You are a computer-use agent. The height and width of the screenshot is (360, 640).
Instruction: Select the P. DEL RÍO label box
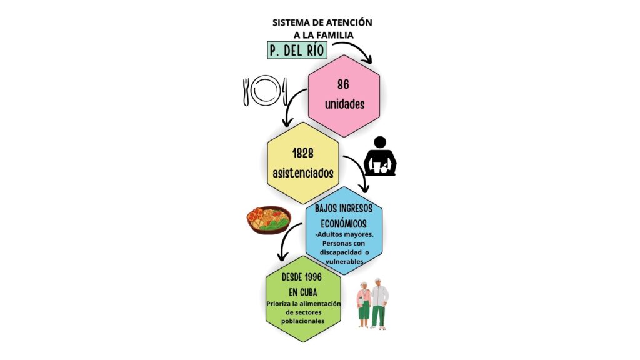[297, 50]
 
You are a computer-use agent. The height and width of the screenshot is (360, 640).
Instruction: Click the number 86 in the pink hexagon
[343, 84]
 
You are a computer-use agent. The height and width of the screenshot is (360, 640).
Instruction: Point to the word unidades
[344, 104]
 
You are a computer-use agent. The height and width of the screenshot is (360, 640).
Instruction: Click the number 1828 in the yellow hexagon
[303, 154]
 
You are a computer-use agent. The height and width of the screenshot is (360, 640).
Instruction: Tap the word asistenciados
[303, 173]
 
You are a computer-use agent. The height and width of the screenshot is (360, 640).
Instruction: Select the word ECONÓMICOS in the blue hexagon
[344, 224]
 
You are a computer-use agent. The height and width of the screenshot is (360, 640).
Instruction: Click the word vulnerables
[344, 261]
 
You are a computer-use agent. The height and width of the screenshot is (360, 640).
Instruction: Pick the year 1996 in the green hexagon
[314, 277]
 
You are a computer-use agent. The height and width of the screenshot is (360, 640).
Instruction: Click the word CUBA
[309, 292]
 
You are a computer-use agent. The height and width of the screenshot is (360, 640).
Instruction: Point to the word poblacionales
[303, 321]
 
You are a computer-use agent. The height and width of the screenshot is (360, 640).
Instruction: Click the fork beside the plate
[246, 92]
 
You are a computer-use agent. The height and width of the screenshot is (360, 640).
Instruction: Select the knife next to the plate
[284, 91]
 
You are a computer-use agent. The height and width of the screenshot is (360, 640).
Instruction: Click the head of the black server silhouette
[380, 142]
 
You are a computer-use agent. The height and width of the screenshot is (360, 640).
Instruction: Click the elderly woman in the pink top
[363, 304]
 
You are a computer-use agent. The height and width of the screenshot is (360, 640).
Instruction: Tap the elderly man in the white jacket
[379, 304]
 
